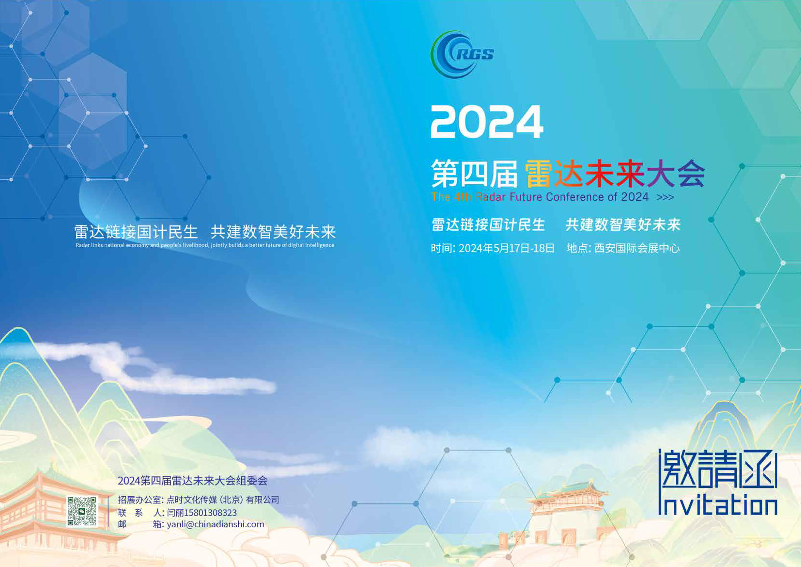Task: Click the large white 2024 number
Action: [487, 122]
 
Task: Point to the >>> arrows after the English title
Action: [665, 198]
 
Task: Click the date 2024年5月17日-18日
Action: [506, 248]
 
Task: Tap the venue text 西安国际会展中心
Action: [637, 248]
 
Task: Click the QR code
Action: [82, 511]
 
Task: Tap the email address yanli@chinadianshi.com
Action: [215, 524]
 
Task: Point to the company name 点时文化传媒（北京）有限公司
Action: [223, 500]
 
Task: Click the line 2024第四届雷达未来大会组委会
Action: [192, 481]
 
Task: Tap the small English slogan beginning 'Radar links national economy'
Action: [205, 245]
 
